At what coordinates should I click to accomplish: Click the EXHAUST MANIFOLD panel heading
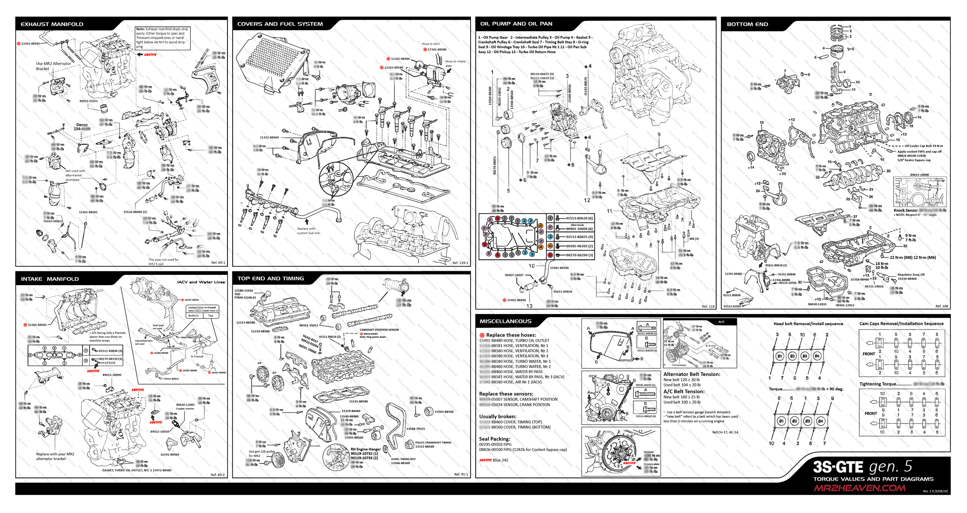[52, 24]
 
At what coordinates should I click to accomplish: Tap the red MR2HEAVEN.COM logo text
[859, 488]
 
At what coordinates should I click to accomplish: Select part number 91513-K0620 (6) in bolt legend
[579, 218]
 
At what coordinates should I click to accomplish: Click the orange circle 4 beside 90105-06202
[550, 246]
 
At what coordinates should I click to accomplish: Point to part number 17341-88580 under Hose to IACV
[437, 50]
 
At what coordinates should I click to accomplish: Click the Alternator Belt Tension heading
[692, 374]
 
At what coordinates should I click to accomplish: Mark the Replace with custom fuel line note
[308, 231]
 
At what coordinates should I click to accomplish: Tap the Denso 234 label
[82, 127]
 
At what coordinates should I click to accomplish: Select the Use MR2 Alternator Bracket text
[53, 66]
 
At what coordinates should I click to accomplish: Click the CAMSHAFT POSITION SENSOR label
[379, 330]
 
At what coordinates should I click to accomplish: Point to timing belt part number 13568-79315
[415, 429]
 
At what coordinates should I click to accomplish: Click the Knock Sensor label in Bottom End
[905, 210]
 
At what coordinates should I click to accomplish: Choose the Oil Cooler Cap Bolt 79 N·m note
[923, 146]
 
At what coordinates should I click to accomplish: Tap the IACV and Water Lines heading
[201, 282]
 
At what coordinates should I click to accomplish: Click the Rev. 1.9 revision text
[935, 491]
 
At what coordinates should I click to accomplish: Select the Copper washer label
[185, 408]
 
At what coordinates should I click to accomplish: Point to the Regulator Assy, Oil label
[911, 274]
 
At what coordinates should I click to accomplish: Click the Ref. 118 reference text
[708, 306]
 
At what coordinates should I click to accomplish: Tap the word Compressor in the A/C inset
[679, 365]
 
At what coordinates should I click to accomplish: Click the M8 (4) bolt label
[694, 239]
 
